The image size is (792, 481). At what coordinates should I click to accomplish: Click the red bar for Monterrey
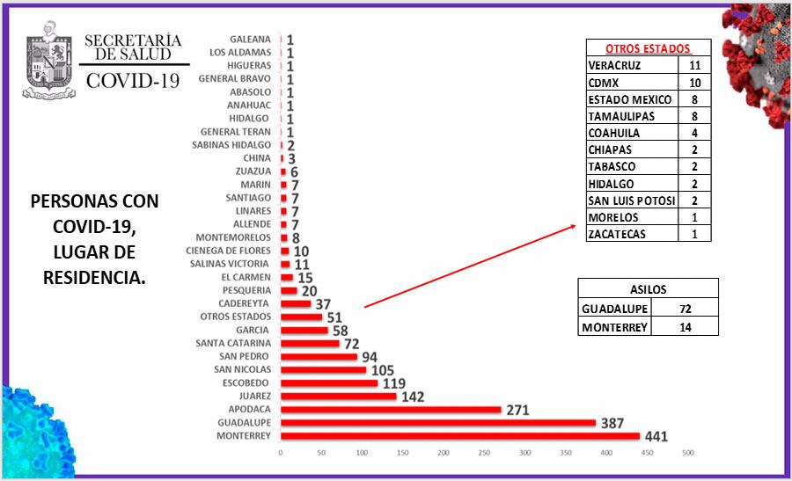tap(460, 436)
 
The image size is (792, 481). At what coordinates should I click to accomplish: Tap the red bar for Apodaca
tap(391, 410)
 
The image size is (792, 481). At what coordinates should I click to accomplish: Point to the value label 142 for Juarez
tap(413, 397)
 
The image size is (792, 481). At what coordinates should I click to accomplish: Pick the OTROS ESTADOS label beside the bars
tap(236, 317)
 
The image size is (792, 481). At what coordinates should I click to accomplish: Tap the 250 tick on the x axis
tap(484, 453)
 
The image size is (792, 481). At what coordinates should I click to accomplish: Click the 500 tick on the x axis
tap(687, 453)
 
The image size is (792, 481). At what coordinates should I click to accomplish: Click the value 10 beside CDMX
tap(694, 83)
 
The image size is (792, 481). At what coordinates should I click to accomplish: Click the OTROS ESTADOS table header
tap(648, 49)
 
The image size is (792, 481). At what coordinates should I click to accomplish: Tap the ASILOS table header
tap(648, 288)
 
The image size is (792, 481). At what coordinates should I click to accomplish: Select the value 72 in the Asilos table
tap(686, 309)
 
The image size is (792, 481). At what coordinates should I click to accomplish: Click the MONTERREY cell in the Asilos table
tap(615, 327)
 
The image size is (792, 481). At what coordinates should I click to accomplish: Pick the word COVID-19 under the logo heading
tap(133, 82)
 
